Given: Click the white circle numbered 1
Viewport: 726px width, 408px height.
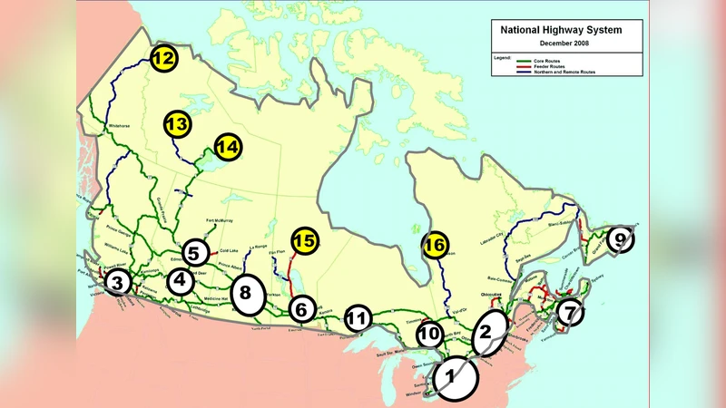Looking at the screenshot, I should point(455,379).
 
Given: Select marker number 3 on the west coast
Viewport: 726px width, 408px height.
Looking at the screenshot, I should point(117,283).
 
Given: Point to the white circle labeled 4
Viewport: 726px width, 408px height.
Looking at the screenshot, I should point(181,281).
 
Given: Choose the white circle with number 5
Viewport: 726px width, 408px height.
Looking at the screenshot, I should point(194,252).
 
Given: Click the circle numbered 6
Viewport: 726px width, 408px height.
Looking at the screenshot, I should point(302,309).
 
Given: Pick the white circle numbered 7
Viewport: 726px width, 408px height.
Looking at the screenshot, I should point(569,313).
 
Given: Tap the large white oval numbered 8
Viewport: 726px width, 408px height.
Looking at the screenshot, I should point(246,294).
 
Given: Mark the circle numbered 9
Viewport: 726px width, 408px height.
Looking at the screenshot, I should point(621,239).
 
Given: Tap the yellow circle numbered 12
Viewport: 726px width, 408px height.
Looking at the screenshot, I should point(163,59).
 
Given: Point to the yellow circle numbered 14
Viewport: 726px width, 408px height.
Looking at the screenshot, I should point(229,147).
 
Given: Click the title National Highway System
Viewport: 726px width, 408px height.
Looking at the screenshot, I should point(562,30).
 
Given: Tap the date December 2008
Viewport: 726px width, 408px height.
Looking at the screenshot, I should point(563,43).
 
